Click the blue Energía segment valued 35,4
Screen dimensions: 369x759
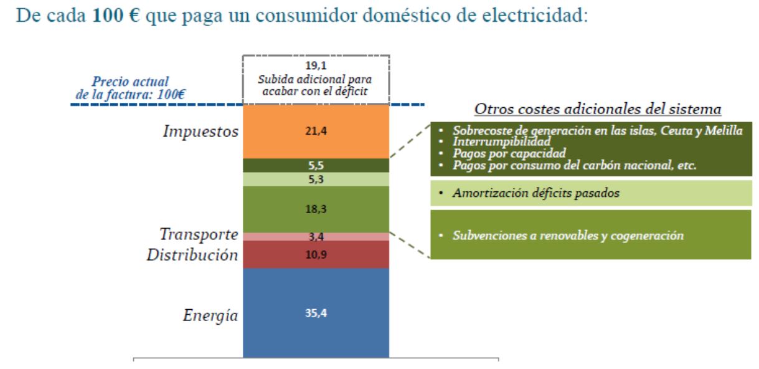pyautogui.click(x=315, y=313)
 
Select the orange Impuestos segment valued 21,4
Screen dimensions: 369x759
pyautogui.click(x=315, y=132)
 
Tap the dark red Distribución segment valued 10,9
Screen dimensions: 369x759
pyautogui.click(x=315, y=254)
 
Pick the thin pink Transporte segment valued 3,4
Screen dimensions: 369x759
pyautogui.click(x=315, y=237)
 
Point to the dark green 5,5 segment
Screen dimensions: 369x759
pyautogui.click(x=315, y=166)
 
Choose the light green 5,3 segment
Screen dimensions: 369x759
pyautogui.click(x=315, y=180)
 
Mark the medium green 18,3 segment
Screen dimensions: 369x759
pyautogui.click(x=315, y=209)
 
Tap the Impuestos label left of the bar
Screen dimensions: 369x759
pyautogui.click(x=200, y=132)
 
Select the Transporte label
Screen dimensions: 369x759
pyautogui.click(x=197, y=235)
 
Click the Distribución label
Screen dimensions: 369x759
pyautogui.click(x=192, y=255)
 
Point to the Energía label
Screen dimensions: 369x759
pyautogui.click(x=210, y=315)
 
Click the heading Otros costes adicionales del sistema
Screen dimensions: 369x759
pyautogui.click(x=598, y=109)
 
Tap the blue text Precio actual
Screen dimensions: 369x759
pyautogui.click(x=130, y=82)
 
